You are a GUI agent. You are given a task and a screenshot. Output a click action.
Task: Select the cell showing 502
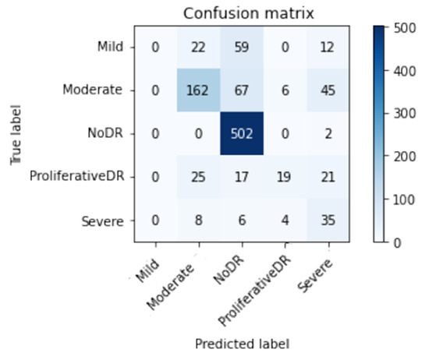coord(243,134)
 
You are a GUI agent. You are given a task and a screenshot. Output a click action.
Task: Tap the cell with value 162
coord(198,90)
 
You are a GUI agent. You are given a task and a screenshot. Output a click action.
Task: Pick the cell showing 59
coord(243,47)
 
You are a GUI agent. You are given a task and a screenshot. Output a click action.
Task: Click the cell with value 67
coord(243,90)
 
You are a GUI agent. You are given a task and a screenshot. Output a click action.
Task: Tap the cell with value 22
coord(198,47)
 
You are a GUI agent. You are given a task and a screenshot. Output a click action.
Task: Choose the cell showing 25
coord(198,178)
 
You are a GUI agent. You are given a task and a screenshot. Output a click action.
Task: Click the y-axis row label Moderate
coord(94,90)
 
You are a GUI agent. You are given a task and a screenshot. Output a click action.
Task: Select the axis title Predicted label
coord(243,342)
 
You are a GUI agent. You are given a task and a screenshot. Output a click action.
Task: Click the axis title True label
coord(14,134)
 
